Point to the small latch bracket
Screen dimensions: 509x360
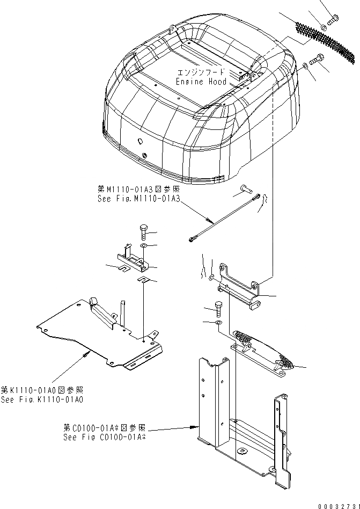pos(131,259)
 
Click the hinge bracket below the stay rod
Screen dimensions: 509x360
pos(239,287)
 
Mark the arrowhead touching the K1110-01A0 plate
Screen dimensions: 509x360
pos(86,353)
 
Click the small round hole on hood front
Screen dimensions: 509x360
pos(139,141)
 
